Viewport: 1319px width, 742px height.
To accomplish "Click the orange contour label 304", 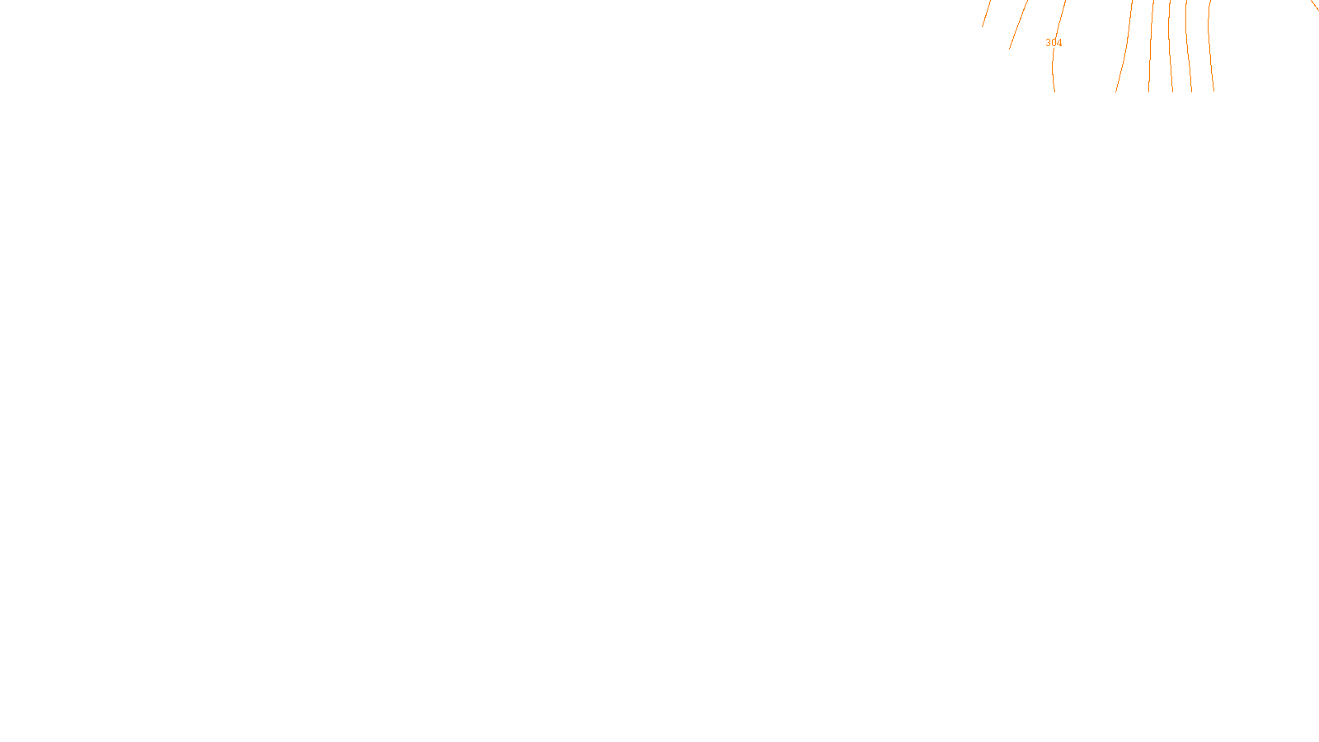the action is [1054, 43].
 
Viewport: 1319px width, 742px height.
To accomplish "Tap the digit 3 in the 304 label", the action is [1048, 43].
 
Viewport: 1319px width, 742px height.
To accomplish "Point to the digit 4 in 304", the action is [1059, 43].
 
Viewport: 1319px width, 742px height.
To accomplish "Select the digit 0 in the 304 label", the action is [1054, 43].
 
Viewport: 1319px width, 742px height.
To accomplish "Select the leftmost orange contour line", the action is [986, 13].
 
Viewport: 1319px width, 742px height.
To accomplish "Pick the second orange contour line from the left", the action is [1018, 25].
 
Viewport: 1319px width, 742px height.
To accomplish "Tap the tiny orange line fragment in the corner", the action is [1315, 6].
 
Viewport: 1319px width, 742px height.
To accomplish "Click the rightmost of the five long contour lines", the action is [1210, 49].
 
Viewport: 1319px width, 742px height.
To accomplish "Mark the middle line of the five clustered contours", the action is [1170, 49].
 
